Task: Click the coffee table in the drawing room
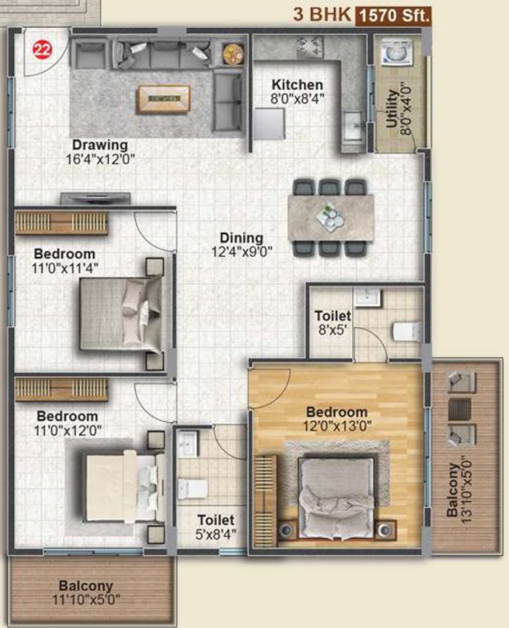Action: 163,98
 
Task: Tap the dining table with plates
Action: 331,218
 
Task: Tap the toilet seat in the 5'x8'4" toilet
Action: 194,488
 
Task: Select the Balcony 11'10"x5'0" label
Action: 85,593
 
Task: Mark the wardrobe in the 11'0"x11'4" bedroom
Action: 61,222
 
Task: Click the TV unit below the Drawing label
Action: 97,197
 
